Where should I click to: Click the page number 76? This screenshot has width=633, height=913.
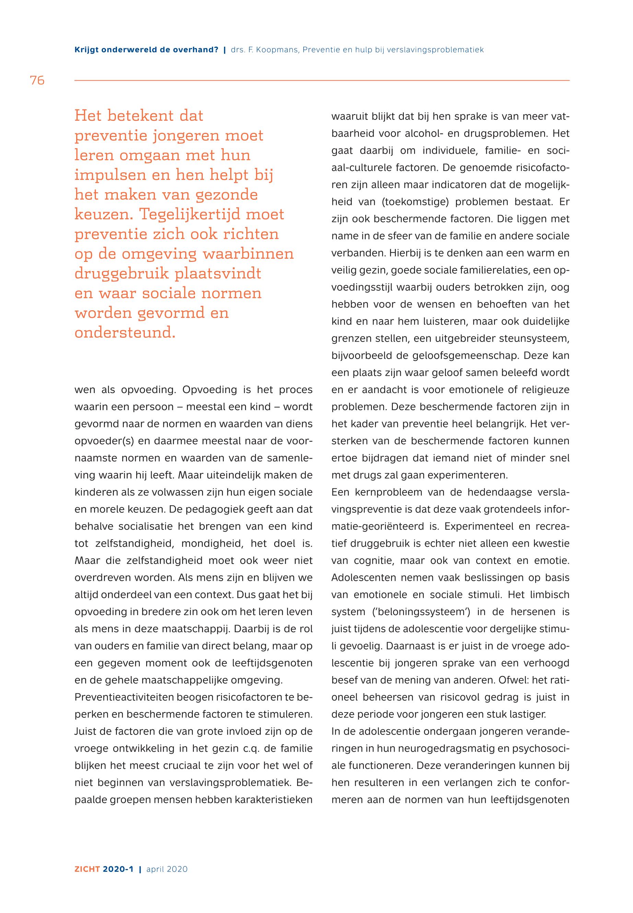pyautogui.click(x=37, y=81)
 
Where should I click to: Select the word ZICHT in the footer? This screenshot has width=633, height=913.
pyautogui.click(x=87, y=869)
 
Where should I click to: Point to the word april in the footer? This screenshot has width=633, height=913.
pyautogui.click(x=155, y=869)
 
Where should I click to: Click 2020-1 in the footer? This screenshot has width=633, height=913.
pyautogui.click(x=118, y=869)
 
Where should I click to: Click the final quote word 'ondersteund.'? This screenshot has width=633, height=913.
pyautogui.click(x=125, y=333)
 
